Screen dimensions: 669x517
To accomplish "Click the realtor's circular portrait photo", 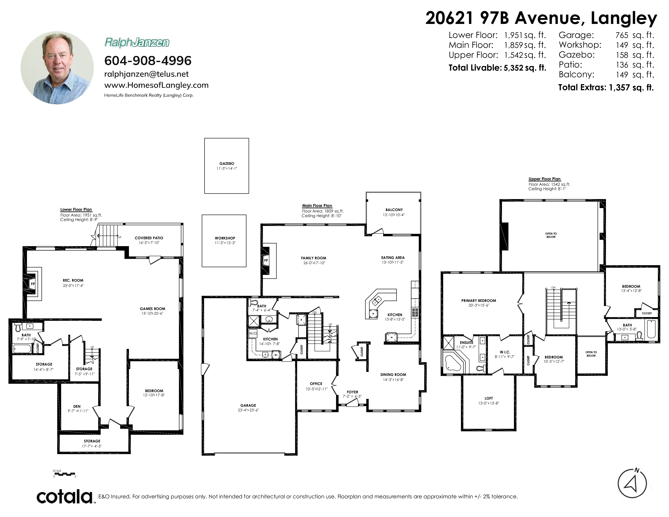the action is (x=57, y=68).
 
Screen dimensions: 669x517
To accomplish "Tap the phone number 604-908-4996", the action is (x=148, y=61).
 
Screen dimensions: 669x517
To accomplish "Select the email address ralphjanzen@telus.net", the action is (x=146, y=74).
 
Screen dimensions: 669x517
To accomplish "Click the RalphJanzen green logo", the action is (x=137, y=42).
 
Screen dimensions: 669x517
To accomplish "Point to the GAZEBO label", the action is (x=227, y=164).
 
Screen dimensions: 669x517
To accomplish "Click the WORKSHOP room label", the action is (x=225, y=238).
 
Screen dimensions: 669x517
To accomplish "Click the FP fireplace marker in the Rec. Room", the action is (x=32, y=284).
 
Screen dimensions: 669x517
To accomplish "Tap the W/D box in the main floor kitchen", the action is (x=253, y=333).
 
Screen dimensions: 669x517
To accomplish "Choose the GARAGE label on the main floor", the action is (x=248, y=405).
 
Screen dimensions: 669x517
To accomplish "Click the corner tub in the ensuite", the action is (x=453, y=363).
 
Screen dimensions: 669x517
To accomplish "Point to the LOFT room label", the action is (x=489, y=398).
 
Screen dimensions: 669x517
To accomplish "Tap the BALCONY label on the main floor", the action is (x=394, y=210).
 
